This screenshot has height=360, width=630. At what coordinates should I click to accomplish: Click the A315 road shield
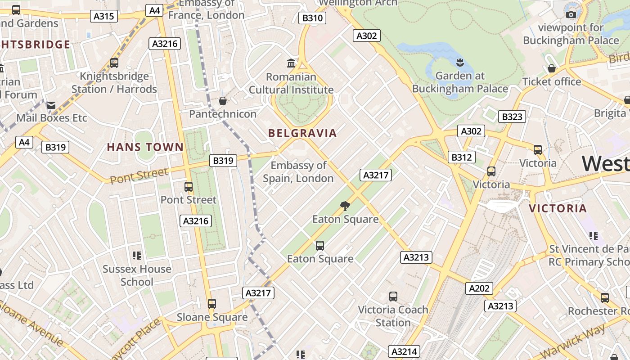click(104, 17)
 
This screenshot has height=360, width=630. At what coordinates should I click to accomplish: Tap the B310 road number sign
click(312, 18)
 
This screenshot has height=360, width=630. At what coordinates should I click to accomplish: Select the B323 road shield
click(512, 117)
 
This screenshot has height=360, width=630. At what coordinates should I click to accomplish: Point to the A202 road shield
click(479, 288)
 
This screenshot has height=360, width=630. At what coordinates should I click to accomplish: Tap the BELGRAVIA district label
click(302, 133)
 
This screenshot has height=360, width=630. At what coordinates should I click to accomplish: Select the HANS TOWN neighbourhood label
click(145, 147)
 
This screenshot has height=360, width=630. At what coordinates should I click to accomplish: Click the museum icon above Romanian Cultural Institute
click(291, 63)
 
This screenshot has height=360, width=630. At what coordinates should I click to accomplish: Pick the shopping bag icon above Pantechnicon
click(222, 101)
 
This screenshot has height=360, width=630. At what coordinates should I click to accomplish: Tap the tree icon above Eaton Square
click(345, 206)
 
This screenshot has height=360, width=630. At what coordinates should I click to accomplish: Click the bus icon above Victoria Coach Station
click(393, 296)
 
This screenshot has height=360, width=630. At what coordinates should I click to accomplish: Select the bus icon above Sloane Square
click(212, 303)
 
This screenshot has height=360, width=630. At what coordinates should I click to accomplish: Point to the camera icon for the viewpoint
click(571, 14)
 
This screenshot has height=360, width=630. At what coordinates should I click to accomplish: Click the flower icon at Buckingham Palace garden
click(460, 62)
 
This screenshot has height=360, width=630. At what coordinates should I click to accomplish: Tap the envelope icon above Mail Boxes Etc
click(51, 105)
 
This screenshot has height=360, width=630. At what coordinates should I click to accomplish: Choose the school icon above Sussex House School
click(137, 256)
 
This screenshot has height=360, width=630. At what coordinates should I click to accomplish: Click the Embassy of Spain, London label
click(298, 172)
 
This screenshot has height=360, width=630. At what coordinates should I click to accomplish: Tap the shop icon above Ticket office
click(551, 68)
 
